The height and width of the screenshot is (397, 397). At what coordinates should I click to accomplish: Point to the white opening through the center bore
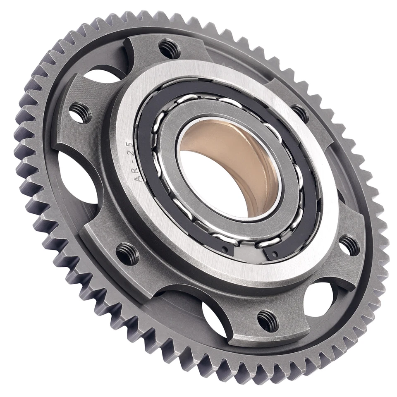pyautogui.click(x=215, y=186)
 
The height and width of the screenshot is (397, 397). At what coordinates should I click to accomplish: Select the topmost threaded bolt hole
pyautogui.click(x=170, y=49)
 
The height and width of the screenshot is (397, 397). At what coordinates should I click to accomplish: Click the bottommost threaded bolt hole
pyautogui.click(x=268, y=320)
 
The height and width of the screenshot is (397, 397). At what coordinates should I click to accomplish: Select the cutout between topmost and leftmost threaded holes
pyautogui.click(x=103, y=77)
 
